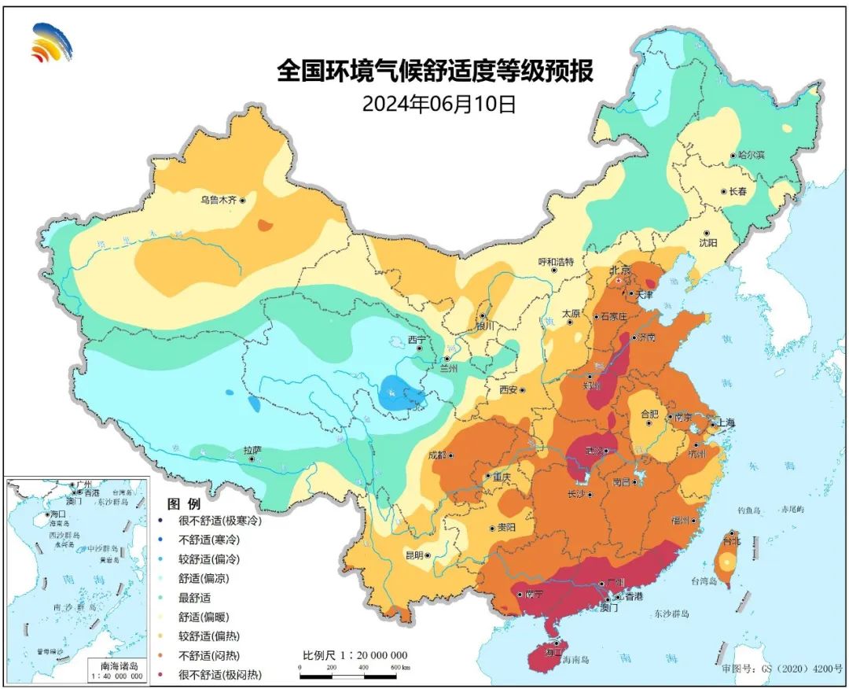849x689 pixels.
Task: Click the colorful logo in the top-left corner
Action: click(x=51, y=42)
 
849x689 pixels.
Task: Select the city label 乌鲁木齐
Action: click(x=218, y=201)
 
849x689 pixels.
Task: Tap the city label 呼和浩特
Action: click(x=556, y=261)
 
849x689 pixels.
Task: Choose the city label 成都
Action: click(x=437, y=455)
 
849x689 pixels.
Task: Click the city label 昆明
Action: click(x=413, y=555)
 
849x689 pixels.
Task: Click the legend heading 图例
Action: click(x=184, y=503)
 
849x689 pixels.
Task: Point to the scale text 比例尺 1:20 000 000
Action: click(x=355, y=655)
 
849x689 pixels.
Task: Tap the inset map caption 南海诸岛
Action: click(x=118, y=665)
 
